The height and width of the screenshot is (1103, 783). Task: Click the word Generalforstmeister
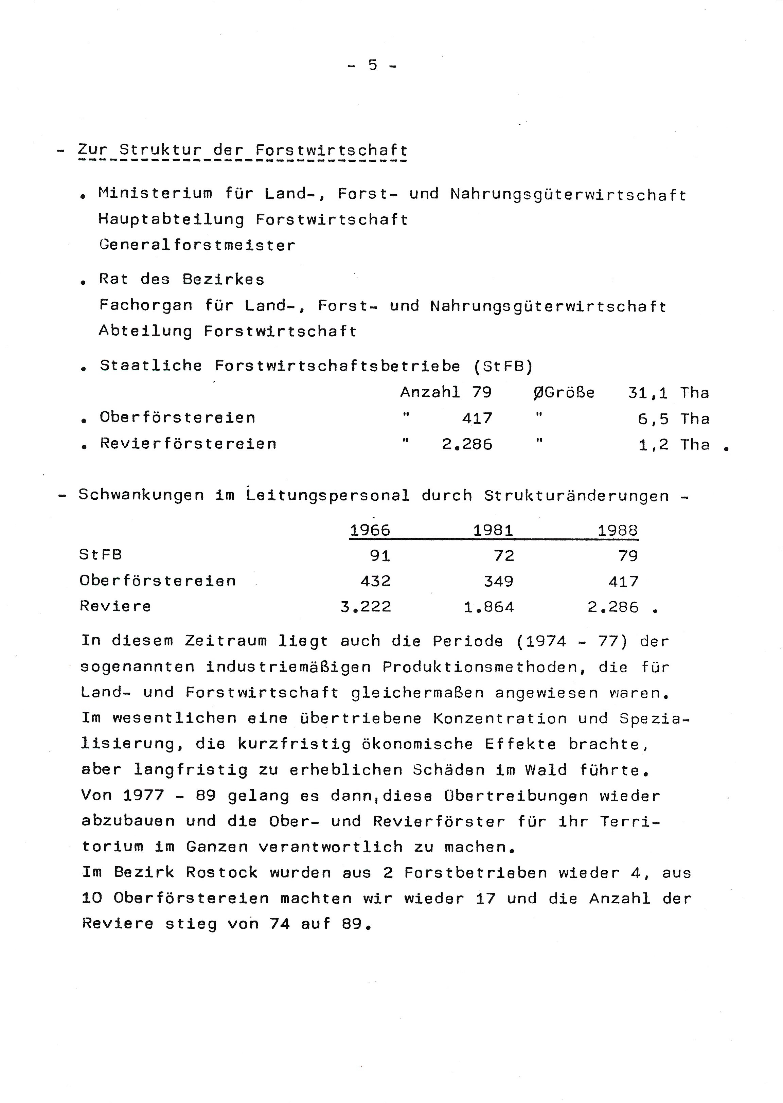pos(197,245)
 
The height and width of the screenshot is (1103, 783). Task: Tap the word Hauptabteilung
pos(171,220)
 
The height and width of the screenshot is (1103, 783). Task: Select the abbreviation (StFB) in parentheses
pos(503,367)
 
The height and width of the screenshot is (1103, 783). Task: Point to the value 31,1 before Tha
pos(647,393)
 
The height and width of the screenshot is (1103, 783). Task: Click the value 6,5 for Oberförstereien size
pos(653,419)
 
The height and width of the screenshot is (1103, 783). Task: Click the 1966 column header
pos(370,530)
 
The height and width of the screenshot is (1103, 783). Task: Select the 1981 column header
pos(493,530)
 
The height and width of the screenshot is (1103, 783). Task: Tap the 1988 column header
pos(618,530)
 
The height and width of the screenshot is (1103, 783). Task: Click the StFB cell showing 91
pos(380,556)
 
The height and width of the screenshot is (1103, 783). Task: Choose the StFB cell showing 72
pos(504,556)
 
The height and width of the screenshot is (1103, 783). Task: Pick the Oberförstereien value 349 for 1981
pos(499,581)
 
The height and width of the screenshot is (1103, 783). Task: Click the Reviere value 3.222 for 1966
pos(366,606)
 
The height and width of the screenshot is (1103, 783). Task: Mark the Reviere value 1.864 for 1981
pos(489,606)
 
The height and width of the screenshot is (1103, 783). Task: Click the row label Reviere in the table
pos(115,606)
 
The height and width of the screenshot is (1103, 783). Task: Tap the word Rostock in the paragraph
pos(222,873)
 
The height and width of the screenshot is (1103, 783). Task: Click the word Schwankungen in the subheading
pos(141,495)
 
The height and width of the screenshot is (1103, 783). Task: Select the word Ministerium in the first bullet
pos(155,194)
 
